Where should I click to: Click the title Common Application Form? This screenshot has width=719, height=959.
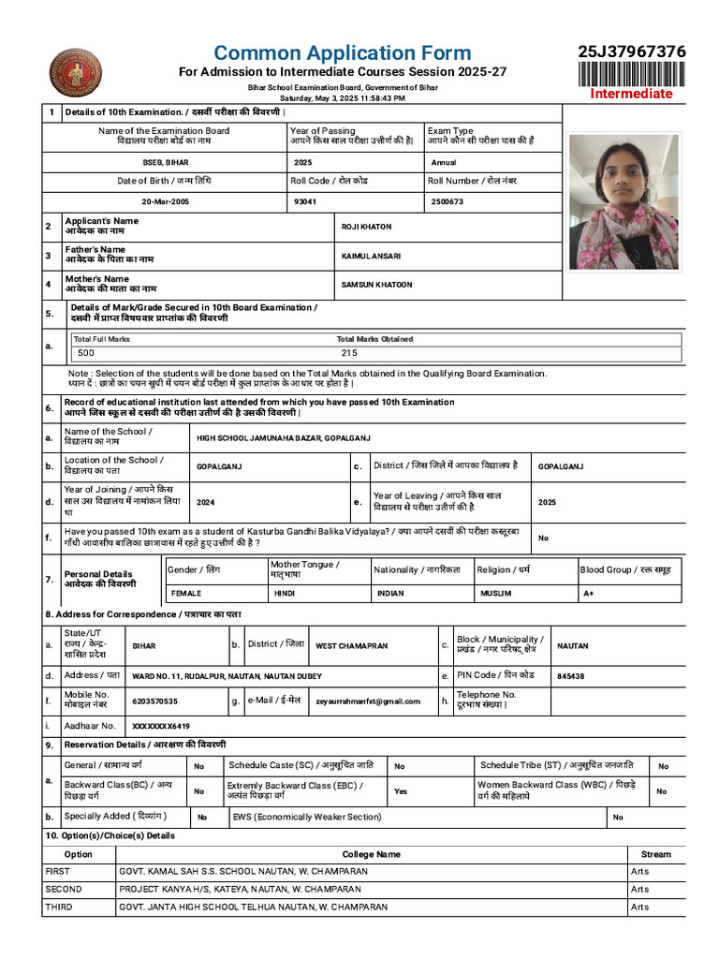(342, 52)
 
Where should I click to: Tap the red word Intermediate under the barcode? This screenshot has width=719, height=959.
(630, 94)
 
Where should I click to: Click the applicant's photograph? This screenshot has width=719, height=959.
(624, 201)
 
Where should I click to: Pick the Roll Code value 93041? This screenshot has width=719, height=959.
(304, 201)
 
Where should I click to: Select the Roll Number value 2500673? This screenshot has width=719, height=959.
(447, 201)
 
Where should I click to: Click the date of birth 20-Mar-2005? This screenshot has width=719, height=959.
(165, 201)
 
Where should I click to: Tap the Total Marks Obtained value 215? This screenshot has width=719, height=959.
(349, 353)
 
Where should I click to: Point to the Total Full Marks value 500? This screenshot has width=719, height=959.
(86, 353)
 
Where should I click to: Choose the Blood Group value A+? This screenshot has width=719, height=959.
(588, 593)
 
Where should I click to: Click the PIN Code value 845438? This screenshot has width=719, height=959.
(570, 675)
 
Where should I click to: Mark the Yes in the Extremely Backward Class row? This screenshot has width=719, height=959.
(401, 791)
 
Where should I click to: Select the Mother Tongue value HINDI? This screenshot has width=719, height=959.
(284, 593)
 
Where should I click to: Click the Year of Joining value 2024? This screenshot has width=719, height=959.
(205, 502)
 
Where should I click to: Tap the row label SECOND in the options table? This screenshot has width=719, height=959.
(64, 889)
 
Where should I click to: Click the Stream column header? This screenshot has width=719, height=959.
(655, 854)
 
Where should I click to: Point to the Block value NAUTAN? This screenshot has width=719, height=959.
(573, 645)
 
